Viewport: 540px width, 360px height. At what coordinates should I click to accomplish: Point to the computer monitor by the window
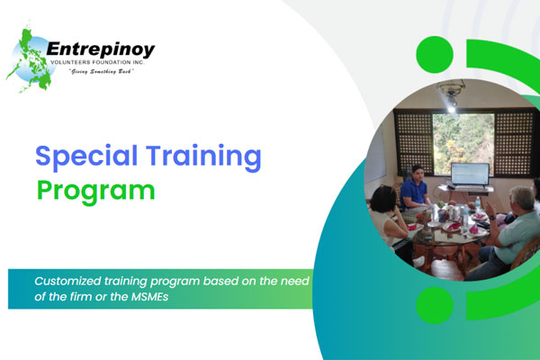tap(469, 175)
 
